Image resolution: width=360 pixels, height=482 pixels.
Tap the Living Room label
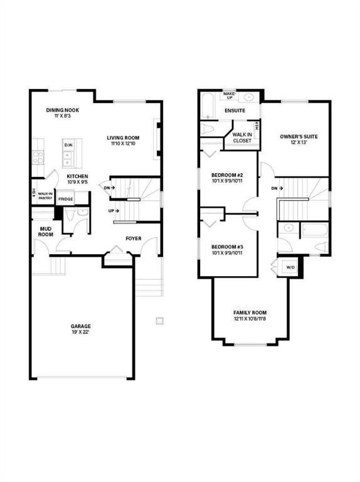click(x=122, y=138)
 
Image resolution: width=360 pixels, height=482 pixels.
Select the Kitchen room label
click(x=77, y=176)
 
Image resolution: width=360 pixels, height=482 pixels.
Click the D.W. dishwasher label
click(x=68, y=146)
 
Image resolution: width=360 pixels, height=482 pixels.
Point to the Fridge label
click(x=65, y=199)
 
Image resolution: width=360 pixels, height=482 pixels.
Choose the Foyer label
click(x=133, y=238)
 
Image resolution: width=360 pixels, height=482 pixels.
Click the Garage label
click(x=80, y=326)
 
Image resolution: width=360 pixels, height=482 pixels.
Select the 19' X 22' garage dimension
click(x=80, y=333)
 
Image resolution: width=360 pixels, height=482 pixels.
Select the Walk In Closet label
click(x=242, y=137)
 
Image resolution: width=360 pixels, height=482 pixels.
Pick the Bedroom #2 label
click(x=227, y=174)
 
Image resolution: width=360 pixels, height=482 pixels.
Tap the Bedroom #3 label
click(x=227, y=247)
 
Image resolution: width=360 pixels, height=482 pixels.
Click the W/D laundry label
click(x=290, y=268)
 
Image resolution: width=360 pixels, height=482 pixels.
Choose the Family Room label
click(x=250, y=313)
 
